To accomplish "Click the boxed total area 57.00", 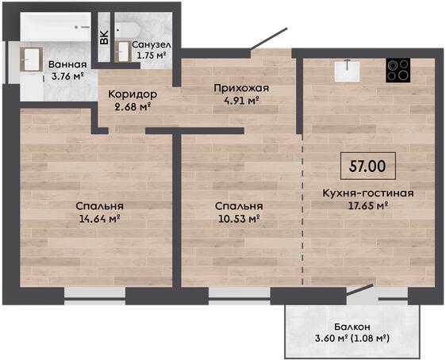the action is [x=368, y=166].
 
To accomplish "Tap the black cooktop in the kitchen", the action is [x=398, y=71].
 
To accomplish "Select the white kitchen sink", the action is [x=347, y=71].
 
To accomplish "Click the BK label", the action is [x=104, y=37].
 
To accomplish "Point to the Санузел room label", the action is [x=152, y=44].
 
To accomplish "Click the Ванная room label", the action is [x=67, y=64].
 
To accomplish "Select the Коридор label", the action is [x=133, y=94].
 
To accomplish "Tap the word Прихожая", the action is [x=241, y=88].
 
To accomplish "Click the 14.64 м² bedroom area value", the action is [x=99, y=219].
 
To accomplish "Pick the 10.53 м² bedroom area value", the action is [x=239, y=219].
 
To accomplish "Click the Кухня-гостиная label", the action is [x=368, y=193].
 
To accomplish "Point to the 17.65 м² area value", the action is [x=368, y=205].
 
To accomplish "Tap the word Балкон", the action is [x=352, y=327].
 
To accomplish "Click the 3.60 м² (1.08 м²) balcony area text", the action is [x=352, y=339].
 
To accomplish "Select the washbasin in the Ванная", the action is [x=31, y=59].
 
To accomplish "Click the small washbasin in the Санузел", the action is [x=123, y=52].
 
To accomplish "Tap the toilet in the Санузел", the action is [x=127, y=29].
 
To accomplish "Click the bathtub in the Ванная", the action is [x=56, y=27].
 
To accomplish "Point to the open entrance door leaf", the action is [x=269, y=39].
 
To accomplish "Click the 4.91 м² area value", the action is [x=241, y=100].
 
